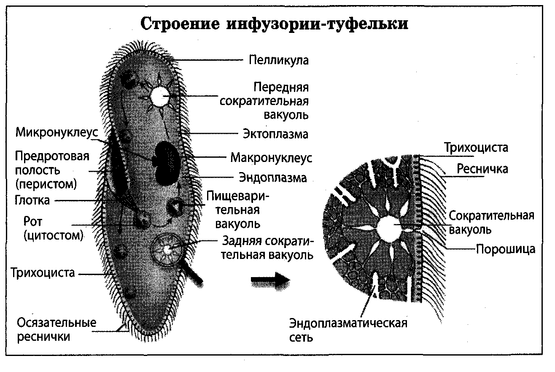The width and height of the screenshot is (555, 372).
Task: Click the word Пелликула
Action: coord(278,60)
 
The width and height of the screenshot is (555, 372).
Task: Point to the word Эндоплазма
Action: coord(273,178)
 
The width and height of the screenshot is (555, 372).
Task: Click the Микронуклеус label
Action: coord(57,132)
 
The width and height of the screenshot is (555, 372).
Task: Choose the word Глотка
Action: coord(32,200)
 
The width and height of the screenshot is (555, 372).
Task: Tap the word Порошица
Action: coord(506,249)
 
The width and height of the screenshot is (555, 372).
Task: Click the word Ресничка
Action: coord(482,169)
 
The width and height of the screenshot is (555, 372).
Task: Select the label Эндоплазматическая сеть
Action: coord(348,330)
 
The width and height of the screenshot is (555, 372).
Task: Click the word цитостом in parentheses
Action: coord(53,235)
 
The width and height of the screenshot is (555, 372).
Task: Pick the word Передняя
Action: coord(281,87)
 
